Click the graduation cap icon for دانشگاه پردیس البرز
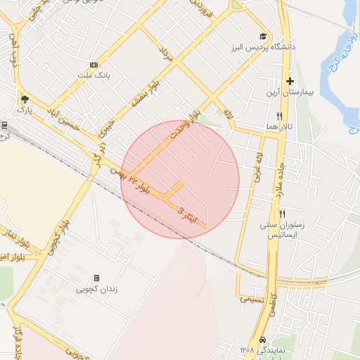pos(263,37)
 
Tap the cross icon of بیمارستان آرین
pos(289,82)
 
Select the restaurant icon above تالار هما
pos(280,116)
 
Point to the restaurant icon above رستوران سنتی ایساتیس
pos(283,214)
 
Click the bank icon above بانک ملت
pos(94,65)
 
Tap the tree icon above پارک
pos(25,99)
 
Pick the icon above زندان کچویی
pos(96,278)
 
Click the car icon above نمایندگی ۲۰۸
pos(263,337)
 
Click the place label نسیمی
pos(253,299)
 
